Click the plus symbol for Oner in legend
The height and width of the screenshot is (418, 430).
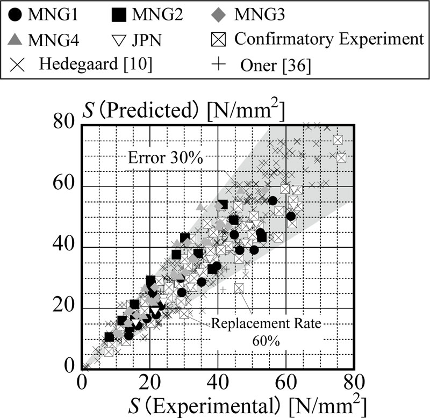tap(217, 64)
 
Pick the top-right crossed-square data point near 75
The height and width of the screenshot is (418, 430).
tap(338, 140)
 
